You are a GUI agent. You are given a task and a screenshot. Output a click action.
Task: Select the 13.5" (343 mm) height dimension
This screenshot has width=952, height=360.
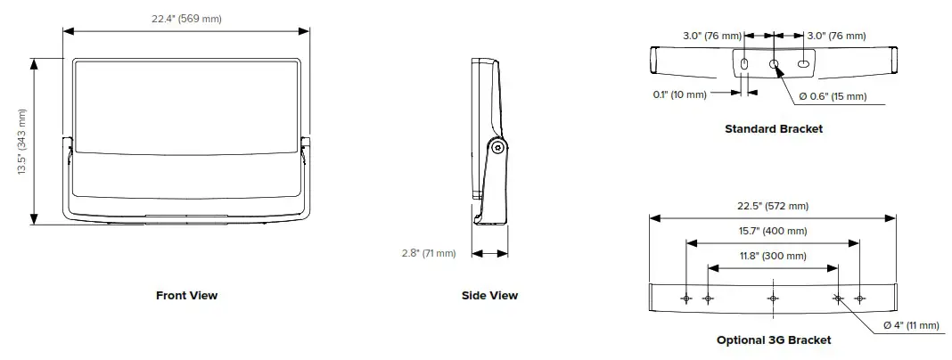[22, 142]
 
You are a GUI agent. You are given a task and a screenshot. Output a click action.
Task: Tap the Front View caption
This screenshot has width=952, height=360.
[186, 295]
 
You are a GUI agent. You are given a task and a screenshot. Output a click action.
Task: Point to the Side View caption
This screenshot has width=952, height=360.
[489, 295]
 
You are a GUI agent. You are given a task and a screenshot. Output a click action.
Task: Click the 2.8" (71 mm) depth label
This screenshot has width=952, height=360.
[428, 253]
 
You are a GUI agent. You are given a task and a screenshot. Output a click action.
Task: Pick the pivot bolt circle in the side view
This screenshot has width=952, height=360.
[498, 148]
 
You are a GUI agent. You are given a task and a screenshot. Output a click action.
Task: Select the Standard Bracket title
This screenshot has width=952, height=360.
[773, 128]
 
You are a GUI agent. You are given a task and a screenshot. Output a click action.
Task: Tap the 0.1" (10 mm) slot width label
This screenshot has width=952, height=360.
[679, 94]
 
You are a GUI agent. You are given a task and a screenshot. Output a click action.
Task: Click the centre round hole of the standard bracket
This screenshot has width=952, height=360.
[774, 64]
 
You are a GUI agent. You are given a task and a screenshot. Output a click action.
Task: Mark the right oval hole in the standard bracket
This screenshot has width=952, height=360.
[803, 64]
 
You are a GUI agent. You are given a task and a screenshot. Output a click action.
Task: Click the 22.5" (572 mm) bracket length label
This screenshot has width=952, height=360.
[772, 206]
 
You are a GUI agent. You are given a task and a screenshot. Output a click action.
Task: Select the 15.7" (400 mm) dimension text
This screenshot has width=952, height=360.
[772, 231]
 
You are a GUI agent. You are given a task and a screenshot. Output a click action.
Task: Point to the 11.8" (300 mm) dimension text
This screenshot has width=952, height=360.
[772, 256]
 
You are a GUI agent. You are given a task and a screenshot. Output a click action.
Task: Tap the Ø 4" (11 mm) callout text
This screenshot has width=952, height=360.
[911, 325]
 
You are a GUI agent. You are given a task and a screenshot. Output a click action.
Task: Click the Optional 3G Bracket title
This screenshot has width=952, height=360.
[773, 340]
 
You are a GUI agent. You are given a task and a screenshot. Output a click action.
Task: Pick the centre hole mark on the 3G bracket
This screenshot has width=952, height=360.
[773, 298]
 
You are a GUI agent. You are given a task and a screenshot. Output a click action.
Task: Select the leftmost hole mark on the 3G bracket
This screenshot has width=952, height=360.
[686, 298]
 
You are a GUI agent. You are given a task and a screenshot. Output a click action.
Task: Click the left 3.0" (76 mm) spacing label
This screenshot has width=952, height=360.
[712, 36]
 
